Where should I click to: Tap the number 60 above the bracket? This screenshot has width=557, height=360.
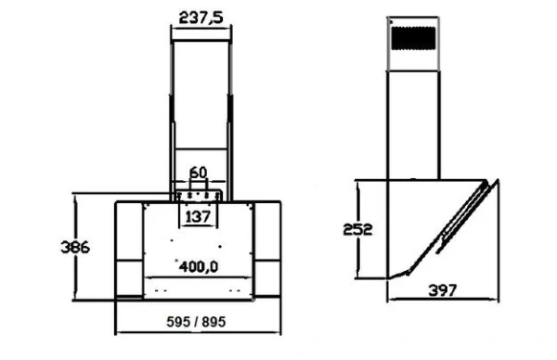[x=197, y=173]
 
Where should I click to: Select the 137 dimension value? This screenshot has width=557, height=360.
[x=197, y=217]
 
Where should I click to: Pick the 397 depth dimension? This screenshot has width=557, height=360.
[x=443, y=291]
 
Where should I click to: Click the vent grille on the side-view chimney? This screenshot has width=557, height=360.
[x=413, y=39]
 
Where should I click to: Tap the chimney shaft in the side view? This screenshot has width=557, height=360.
[x=413, y=121]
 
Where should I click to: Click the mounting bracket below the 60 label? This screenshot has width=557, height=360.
[x=197, y=194]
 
